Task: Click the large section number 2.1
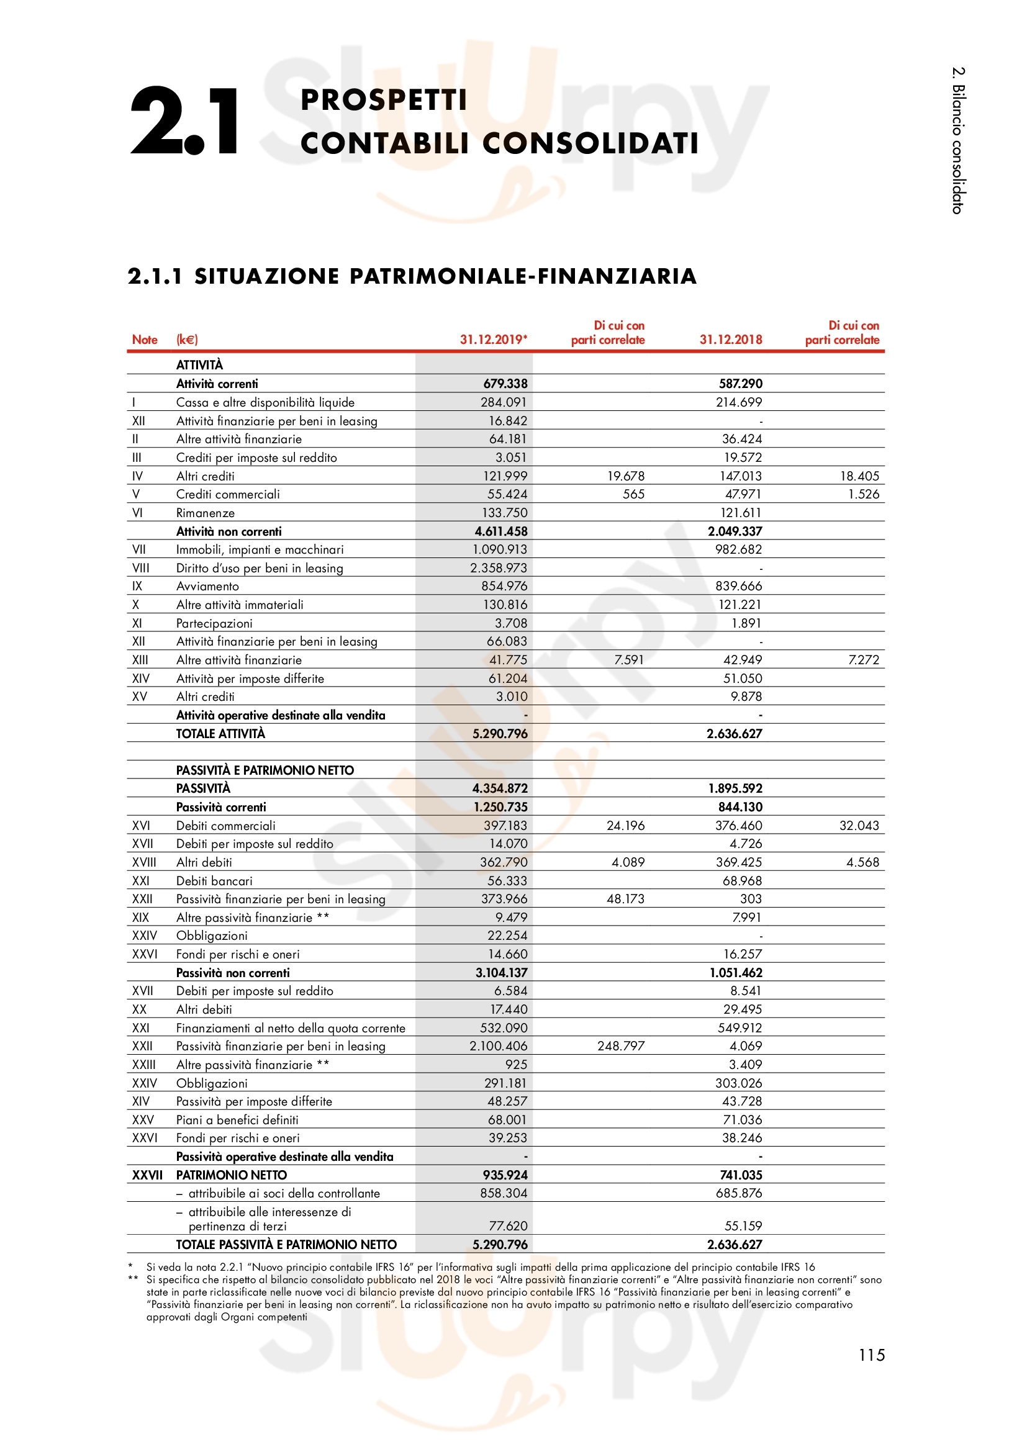click(183, 121)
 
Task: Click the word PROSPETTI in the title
click(383, 100)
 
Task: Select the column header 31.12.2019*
click(493, 340)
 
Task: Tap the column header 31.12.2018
click(730, 340)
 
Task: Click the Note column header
click(145, 340)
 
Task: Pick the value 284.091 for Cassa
click(504, 402)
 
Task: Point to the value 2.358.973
click(499, 568)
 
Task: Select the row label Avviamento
click(207, 586)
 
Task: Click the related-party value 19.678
click(625, 476)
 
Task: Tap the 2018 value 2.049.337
click(735, 531)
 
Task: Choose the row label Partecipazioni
click(214, 623)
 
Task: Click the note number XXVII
click(147, 1175)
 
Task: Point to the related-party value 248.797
click(620, 1046)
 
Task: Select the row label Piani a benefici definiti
click(237, 1120)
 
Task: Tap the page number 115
click(871, 1355)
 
